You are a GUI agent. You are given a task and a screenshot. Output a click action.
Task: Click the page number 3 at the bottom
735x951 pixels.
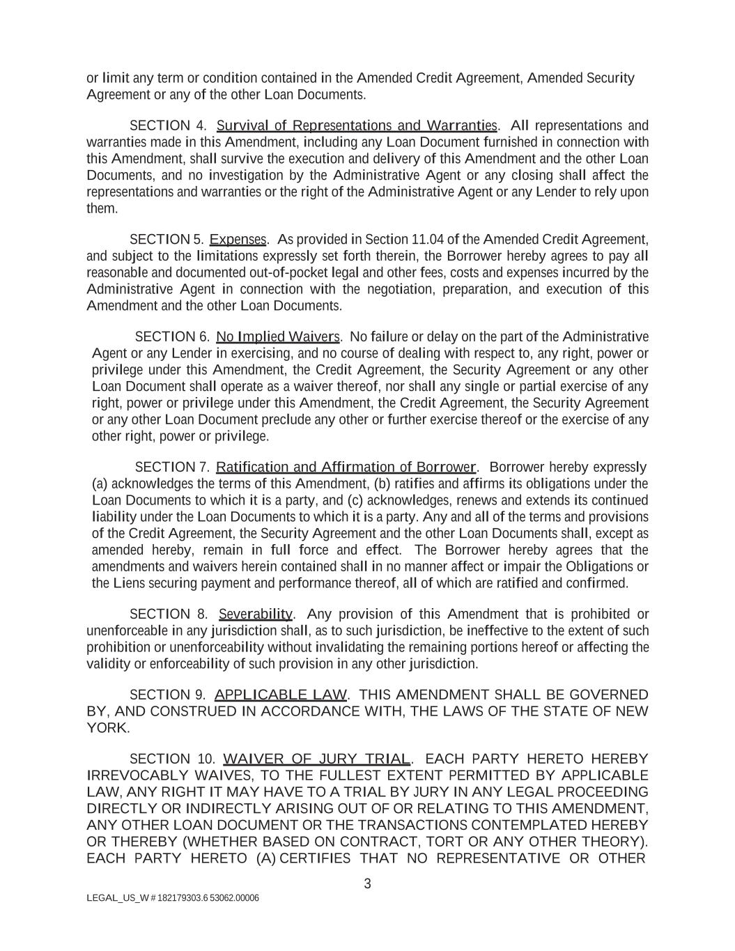tap(367, 884)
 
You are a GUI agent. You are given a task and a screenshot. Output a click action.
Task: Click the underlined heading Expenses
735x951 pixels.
tap(238, 240)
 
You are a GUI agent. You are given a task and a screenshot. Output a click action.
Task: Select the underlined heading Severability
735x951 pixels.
tap(256, 614)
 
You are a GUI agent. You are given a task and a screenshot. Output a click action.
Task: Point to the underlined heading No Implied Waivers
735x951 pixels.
tap(278, 337)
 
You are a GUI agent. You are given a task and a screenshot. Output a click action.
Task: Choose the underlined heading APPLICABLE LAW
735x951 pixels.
tap(281, 695)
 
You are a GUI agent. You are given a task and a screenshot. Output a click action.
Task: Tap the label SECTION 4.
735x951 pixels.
tap(168, 125)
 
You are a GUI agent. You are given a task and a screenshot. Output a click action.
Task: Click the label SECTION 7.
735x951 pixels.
tap(172, 467)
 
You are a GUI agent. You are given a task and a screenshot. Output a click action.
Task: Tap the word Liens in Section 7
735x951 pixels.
tap(129, 583)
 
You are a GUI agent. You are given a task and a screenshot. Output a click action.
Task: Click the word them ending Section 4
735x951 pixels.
tap(102, 208)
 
